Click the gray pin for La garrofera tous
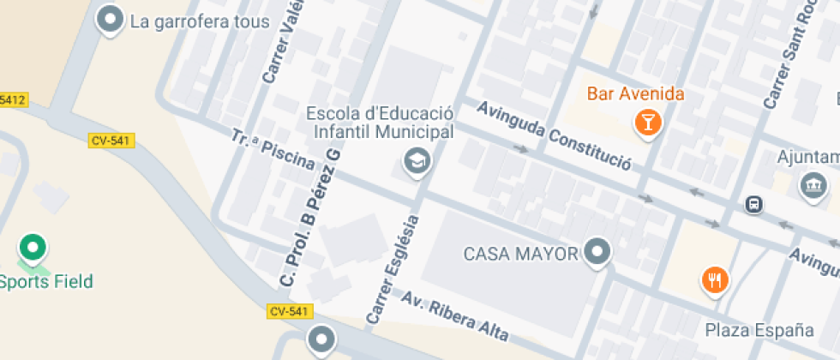[x=109, y=19]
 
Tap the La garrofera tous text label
[x=199, y=21]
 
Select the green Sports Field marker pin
[x=33, y=249]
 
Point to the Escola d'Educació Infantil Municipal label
[x=379, y=123]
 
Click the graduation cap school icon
[x=417, y=159]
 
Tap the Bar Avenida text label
[x=634, y=93]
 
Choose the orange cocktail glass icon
[x=647, y=121]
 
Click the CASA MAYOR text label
[x=521, y=254]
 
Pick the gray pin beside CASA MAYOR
[x=597, y=252]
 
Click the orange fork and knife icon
[x=715, y=279]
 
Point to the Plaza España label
[x=759, y=330]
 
